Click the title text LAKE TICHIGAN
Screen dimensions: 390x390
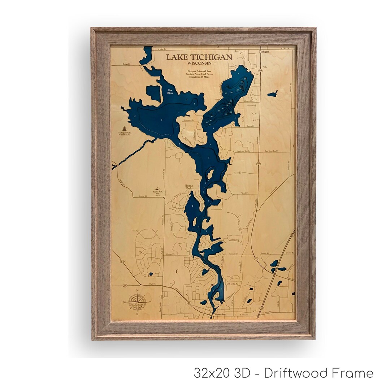tap(199, 57)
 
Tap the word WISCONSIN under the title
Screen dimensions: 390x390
tap(199, 63)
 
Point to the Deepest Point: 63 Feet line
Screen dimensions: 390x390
tap(199, 71)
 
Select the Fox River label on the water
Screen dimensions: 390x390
tap(170, 91)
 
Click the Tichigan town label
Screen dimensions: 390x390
tap(264, 52)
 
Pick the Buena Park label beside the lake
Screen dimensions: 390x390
tap(187, 187)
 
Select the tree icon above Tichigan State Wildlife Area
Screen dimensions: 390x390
tap(125, 129)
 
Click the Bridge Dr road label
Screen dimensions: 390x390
tap(126, 64)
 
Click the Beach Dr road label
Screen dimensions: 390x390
tap(251, 126)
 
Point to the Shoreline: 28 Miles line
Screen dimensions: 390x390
tap(199, 77)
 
